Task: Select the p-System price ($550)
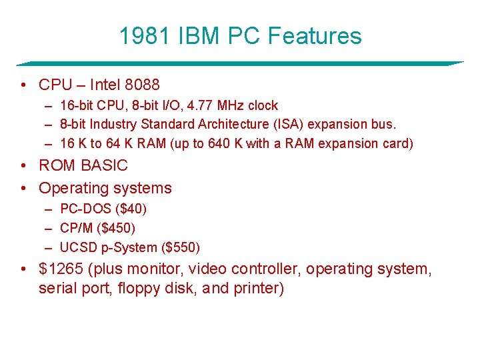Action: pyautogui.click(x=181, y=247)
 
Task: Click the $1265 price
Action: pyautogui.click(x=61, y=269)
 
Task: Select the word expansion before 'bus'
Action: pyautogui.click(x=346, y=124)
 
